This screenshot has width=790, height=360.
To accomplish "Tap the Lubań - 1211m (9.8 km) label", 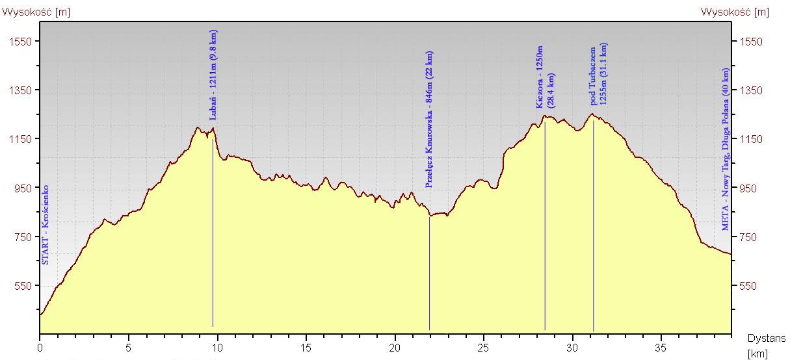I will pyautogui.click(x=214, y=75).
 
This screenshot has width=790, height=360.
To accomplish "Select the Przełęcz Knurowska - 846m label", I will pyautogui.click(x=429, y=120).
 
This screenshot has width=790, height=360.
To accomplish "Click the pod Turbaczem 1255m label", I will pyautogui.click(x=599, y=74).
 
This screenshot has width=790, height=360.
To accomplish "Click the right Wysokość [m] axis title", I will pyautogui.click(x=734, y=12).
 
